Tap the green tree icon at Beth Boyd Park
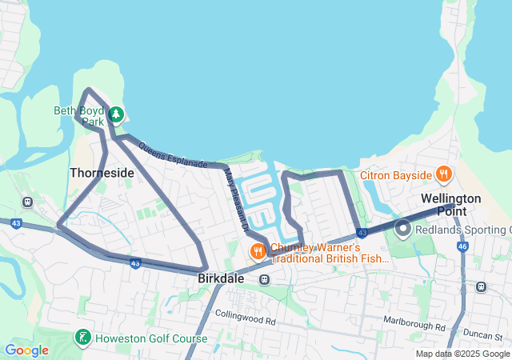(117, 114)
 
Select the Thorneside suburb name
(102, 172)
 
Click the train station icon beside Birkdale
(265, 279)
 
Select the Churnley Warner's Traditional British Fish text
(330, 253)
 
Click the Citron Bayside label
(395, 174)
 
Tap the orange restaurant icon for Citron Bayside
(443, 174)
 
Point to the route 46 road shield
(462, 247)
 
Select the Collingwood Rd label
(245, 321)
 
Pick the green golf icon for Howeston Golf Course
(82, 338)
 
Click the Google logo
(26, 350)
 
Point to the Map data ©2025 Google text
(462, 354)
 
